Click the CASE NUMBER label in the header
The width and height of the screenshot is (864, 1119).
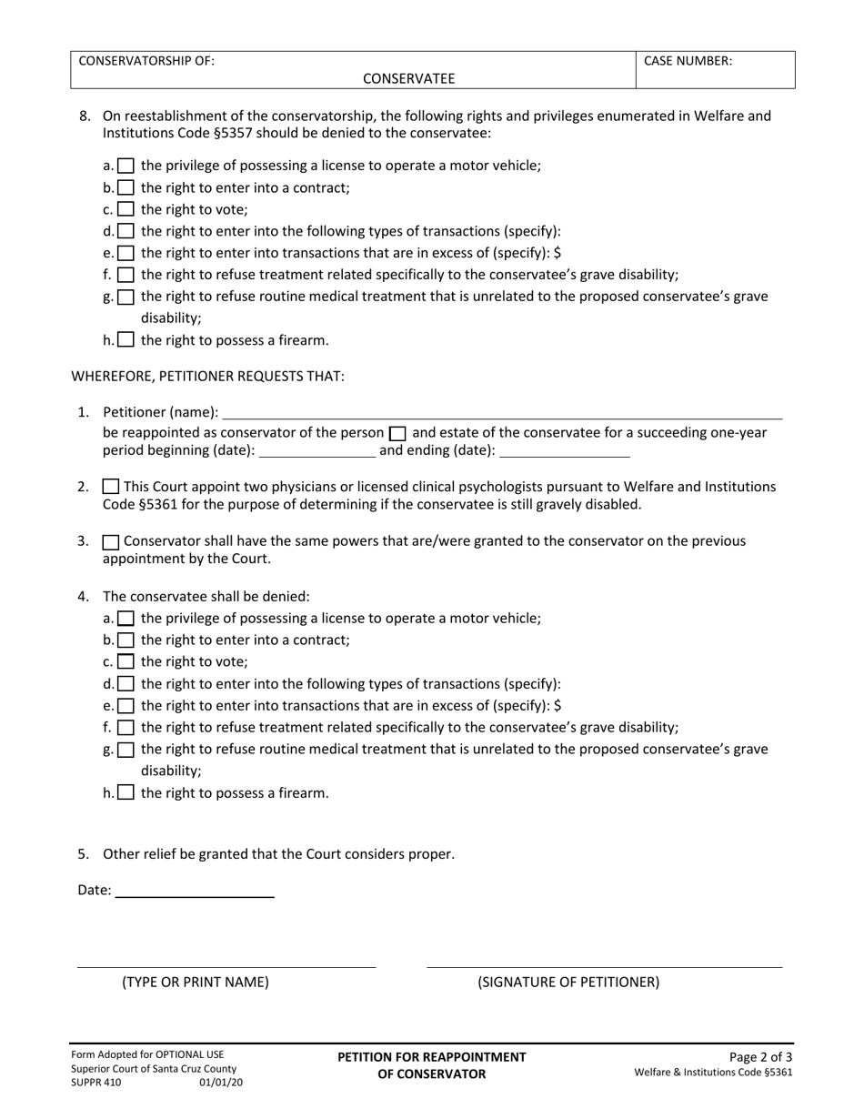(688, 61)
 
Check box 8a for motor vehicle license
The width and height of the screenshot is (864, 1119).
(126, 166)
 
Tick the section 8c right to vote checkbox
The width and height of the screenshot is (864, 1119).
(126, 209)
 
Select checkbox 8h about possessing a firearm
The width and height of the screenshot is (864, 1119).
(126, 340)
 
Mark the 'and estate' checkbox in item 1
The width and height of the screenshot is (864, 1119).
(397, 433)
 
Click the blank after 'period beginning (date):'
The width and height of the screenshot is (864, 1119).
(317, 449)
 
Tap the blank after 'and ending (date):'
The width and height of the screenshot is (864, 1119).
(564, 449)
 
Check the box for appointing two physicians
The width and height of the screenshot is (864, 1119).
(111, 487)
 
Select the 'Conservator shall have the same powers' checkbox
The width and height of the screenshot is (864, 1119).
(111, 541)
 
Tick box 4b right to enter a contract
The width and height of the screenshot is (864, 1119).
(126, 640)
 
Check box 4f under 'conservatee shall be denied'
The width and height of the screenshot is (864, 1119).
(126, 727)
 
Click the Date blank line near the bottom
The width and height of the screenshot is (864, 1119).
(195, 891)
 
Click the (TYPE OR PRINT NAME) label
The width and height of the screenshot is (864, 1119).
(196, 982)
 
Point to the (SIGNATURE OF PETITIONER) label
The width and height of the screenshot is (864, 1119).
(568, 982)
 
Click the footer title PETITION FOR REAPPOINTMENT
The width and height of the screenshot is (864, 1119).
(431, 1056)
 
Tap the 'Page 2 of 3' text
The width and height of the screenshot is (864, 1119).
(761, 1056)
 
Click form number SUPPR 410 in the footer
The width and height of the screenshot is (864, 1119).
(95, 1083)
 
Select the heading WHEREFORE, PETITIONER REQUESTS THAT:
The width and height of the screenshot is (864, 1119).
(207, 376)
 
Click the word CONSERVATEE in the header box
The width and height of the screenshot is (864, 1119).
(408, 78)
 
